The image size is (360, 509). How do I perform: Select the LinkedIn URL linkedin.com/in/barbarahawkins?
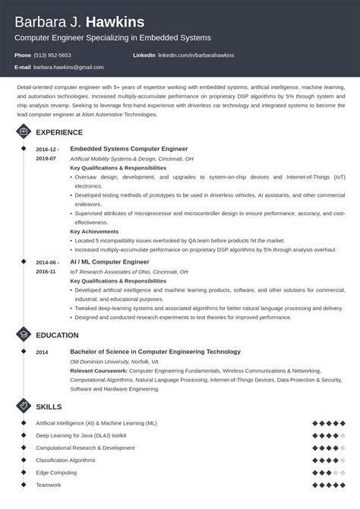(197, 55)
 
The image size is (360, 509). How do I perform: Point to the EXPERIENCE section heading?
(60, 132)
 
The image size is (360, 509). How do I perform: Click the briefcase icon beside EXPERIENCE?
(23, 132)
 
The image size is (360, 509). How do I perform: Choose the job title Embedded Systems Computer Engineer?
(128, 149)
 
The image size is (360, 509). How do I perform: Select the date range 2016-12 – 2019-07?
(46, 153)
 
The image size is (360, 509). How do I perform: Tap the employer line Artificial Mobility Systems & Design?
(131, 159)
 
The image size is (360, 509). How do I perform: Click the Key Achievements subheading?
(95, 231)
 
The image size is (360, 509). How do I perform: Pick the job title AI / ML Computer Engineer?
(110, 261)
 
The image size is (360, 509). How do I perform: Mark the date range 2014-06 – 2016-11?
(46, 266)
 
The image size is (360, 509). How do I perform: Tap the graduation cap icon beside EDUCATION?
(23, 335)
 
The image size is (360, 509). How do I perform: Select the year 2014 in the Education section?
(42, 353)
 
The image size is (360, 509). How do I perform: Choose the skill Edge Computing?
(55, 473)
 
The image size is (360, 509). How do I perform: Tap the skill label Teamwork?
(48, 485)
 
